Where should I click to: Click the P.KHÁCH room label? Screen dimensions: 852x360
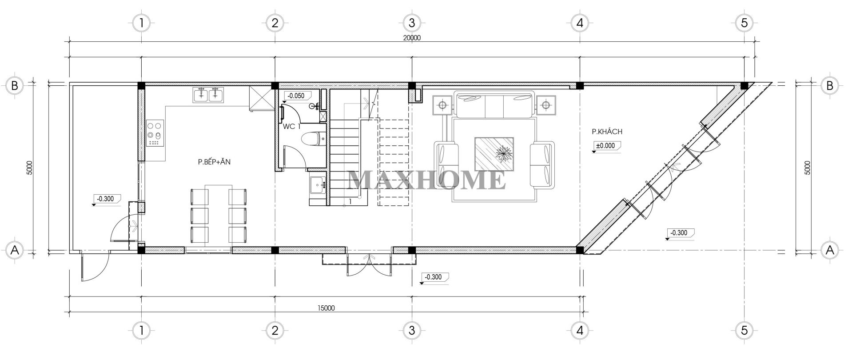[x=607, y=132]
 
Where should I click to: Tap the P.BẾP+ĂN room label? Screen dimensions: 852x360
[x=214, y=162]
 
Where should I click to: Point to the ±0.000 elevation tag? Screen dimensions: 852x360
[x=607, y=145]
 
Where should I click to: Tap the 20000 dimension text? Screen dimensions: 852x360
[x=412, y=38]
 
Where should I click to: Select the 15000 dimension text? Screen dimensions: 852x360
[x=326, y=308]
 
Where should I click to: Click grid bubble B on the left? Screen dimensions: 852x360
[x=15, y=86]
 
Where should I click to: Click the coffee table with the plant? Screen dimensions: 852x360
[x=495, y=154]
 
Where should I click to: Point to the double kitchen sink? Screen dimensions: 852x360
[x=208, y=95]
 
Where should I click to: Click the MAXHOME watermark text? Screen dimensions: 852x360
[x=426, y=180]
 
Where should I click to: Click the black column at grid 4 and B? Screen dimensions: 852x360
[x=579, y=86]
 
